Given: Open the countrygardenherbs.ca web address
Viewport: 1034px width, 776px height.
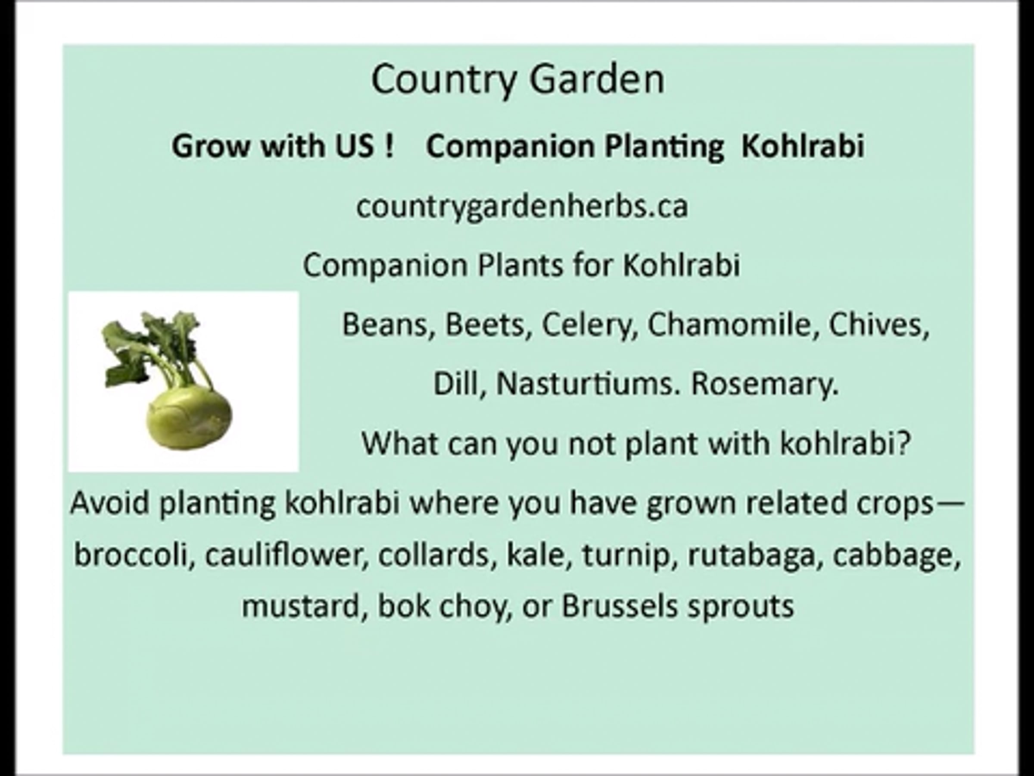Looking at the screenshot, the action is [522, 206].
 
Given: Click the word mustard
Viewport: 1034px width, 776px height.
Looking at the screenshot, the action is [299, 606].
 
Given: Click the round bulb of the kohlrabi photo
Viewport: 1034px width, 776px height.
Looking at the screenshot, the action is [189, 419].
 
